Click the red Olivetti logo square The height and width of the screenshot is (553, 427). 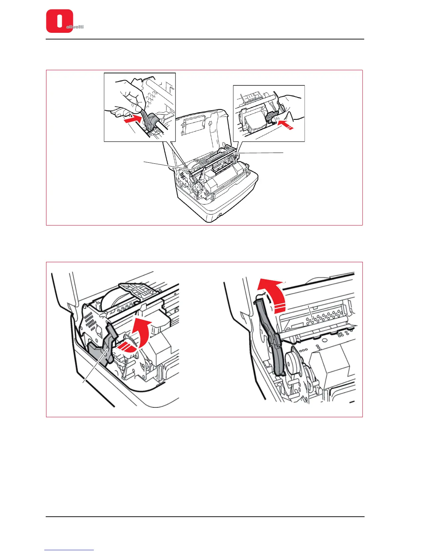(x=59, y=21)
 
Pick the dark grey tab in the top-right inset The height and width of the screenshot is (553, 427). (x=271, y=119)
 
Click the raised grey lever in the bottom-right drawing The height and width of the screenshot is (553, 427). (x=270, y=335)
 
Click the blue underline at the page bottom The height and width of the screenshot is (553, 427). (x=69, y=550)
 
